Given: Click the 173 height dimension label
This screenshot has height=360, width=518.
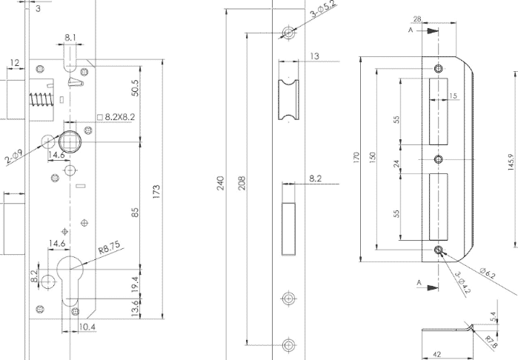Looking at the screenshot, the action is point(156,192).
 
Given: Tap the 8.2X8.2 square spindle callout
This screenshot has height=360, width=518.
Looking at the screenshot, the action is point(116,117).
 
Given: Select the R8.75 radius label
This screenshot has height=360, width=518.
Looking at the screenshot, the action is point(110,247).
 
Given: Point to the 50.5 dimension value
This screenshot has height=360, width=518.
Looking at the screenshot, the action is point(135,88).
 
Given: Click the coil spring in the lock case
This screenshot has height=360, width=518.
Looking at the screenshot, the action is point(41,100).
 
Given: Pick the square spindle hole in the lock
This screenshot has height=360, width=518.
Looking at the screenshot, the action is point(70,141).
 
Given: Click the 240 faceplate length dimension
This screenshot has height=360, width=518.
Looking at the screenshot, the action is point(220,183).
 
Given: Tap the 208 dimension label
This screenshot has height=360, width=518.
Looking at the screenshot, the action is point(242,183).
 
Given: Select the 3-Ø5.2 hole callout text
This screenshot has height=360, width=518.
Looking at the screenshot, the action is point(323,9).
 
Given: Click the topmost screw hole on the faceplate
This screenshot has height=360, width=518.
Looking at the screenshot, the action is point(289,33).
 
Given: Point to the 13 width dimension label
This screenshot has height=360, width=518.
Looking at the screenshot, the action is point(315,56).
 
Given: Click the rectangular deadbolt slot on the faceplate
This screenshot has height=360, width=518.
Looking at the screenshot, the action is point(289,229).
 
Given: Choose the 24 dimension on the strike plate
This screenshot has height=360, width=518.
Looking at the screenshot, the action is point(396,164).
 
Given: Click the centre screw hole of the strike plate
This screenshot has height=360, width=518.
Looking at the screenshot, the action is point(439,159).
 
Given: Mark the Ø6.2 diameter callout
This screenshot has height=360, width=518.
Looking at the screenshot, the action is point(488,273).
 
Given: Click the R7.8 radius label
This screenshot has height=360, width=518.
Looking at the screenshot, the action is point(491,341).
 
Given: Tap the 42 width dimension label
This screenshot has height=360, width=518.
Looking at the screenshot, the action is point(436,355).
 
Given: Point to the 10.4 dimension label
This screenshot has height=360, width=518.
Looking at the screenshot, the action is point(87,327).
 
